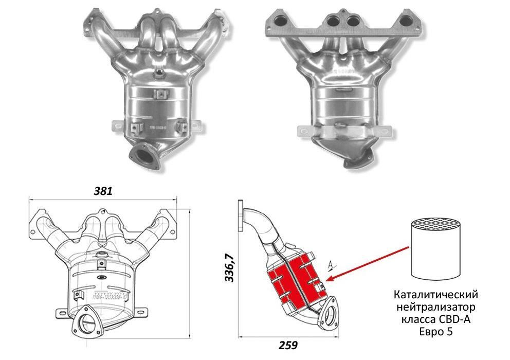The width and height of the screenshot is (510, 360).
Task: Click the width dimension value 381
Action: [103, 190]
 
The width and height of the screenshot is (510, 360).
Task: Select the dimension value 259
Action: [289, 345]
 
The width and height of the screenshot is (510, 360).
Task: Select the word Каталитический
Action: [435, 295]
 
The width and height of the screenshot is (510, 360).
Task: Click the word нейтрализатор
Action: [435, 308]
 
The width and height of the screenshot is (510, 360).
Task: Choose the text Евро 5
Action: [435, 332]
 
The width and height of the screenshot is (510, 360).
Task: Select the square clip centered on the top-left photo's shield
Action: [160, 95]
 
